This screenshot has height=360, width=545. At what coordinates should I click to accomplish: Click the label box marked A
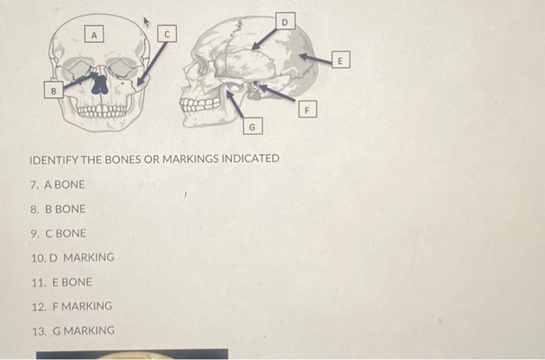[94, 34]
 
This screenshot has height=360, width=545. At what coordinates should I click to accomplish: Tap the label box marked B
[53, 91]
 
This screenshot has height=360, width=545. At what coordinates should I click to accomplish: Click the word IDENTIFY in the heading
[52, 159]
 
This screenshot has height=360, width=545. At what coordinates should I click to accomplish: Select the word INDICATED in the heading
[251, 159]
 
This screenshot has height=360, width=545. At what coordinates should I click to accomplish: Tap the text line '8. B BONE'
[58, 209]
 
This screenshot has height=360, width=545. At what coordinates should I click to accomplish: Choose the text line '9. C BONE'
[58, 233]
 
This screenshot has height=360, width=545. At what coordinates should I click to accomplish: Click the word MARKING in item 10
[88, 257]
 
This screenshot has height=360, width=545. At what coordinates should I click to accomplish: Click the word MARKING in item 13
[88, 330]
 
